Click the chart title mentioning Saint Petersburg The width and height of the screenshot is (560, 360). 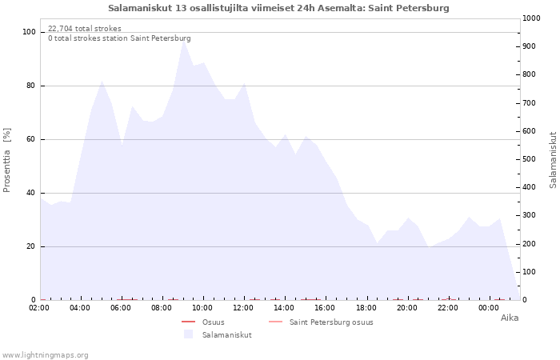coord(278,8)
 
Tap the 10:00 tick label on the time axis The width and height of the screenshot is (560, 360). coord(202,308)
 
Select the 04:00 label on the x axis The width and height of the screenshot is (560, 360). coord(80,308)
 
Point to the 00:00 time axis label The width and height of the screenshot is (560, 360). coord(489,308)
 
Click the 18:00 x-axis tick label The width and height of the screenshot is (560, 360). coord(366,308)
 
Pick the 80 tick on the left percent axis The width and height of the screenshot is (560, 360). coord(30,86)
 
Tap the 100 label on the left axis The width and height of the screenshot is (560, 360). coord(29,32)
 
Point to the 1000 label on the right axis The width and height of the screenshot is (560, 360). coord(531,18)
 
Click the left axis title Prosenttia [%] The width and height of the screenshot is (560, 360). coord(6,160)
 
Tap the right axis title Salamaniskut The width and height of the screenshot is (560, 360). coord(553,160)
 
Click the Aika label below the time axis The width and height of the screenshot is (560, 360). coord(510,318)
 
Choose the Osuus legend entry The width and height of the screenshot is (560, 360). coord(214,322)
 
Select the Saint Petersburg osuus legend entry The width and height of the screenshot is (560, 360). coord(331,322)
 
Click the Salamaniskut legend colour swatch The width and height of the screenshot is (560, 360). coord(188,334)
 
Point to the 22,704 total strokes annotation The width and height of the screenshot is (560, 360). coord(85,29)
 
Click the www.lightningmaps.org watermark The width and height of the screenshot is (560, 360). coord(45,355)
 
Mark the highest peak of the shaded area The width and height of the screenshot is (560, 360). coord(183,40)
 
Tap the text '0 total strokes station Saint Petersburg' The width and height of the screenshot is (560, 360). coord(119,38)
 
